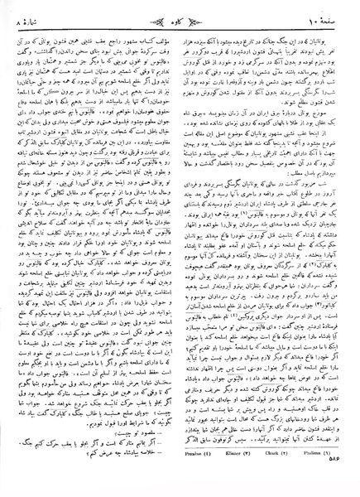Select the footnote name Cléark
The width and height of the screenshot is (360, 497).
click(x=252, y=477)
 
